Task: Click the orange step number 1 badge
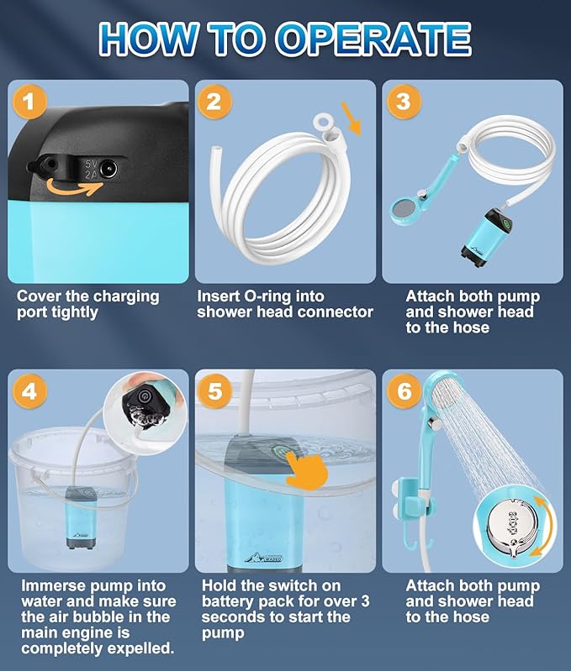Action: pyautogui.click(x=29, y=102)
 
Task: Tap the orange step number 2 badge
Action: pyautogui.click(x=214, y=102)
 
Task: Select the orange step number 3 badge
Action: pyautogui.click(x=404, y=102)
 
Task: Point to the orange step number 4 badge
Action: pyautogui.click(x=29, y=391)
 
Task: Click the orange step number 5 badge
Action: pyautogui.click(x=214, y=391)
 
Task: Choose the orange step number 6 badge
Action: pyautogui.click(x=404, y=391)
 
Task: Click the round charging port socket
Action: pyautogui.click(x=108, y=170)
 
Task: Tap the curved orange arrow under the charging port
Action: pyautogui.click(x=74, y=189)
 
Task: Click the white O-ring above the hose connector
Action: pyautogui.click(x=321, y=121)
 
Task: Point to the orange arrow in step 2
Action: pyautogui.click(x=352, y=118)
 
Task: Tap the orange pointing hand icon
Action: pyautogui.click(x=306, y=470)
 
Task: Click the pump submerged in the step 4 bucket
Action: pyautogui.click(x=81, y=517)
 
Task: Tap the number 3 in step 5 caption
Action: pyautogui.click(x=364, y=601)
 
